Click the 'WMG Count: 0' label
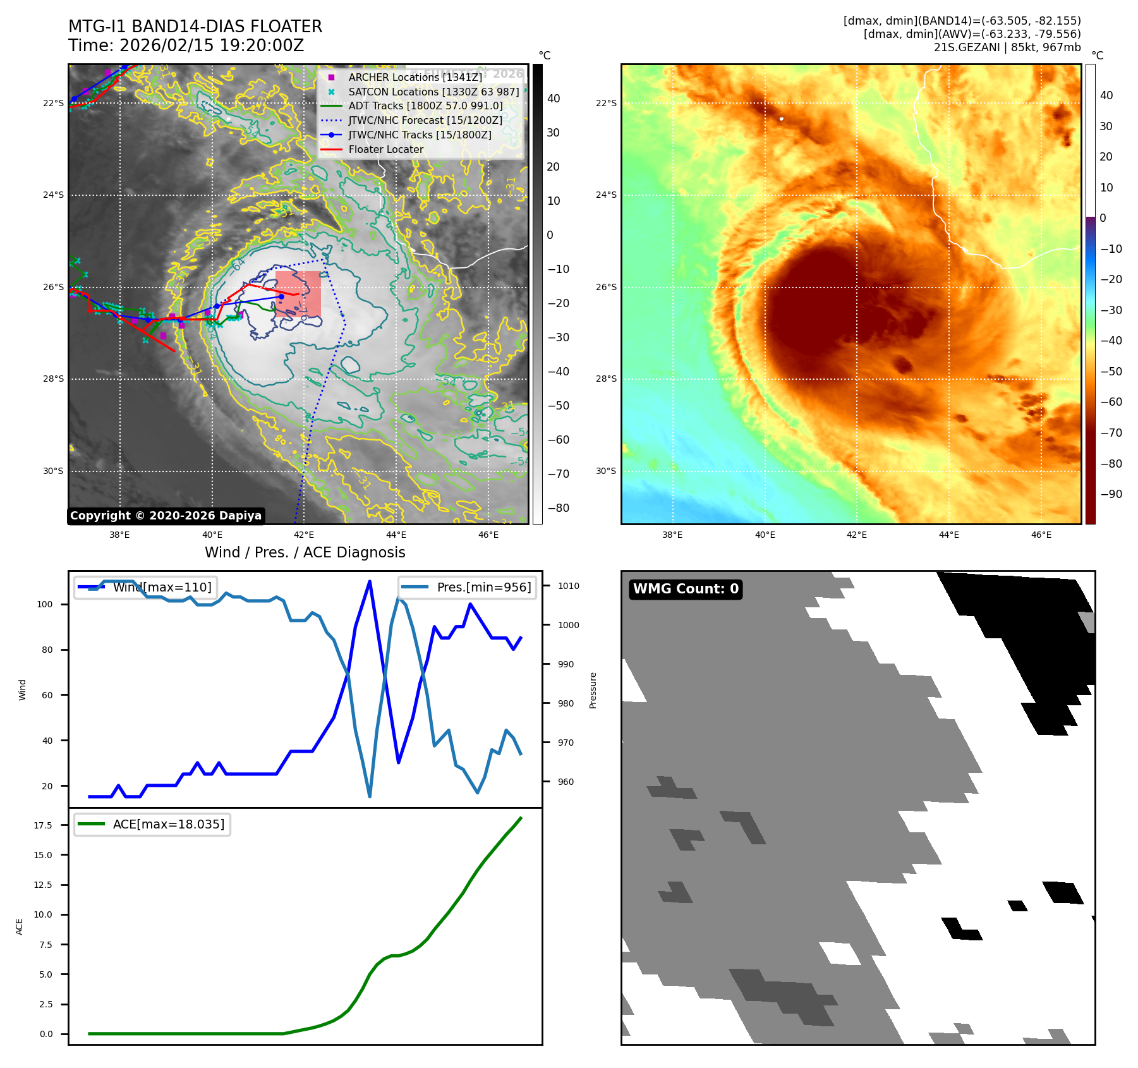pos(686,589)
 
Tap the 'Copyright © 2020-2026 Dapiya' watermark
pos(166,516)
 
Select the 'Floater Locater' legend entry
pos(385,150)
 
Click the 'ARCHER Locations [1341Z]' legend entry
pos(415,77)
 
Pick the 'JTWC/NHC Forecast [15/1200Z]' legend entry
pos(425,120)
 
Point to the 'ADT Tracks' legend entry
pos(425,106)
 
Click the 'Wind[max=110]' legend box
pos(145,587)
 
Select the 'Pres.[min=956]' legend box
pos(468,587)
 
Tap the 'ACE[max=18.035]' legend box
pos(152,824)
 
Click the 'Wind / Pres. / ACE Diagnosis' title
pos(305,552)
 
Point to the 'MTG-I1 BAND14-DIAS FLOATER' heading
pos(195,27)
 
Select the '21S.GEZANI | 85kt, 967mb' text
pos(1007,47)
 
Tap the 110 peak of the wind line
pos(370,581)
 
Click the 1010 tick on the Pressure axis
pos(568,586)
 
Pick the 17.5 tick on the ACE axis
pos(43,825)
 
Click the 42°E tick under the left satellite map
pos(304,535)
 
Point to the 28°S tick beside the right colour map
pos(606,379)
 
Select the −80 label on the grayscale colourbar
pos(558,508)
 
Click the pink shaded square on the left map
pos(298,294)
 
